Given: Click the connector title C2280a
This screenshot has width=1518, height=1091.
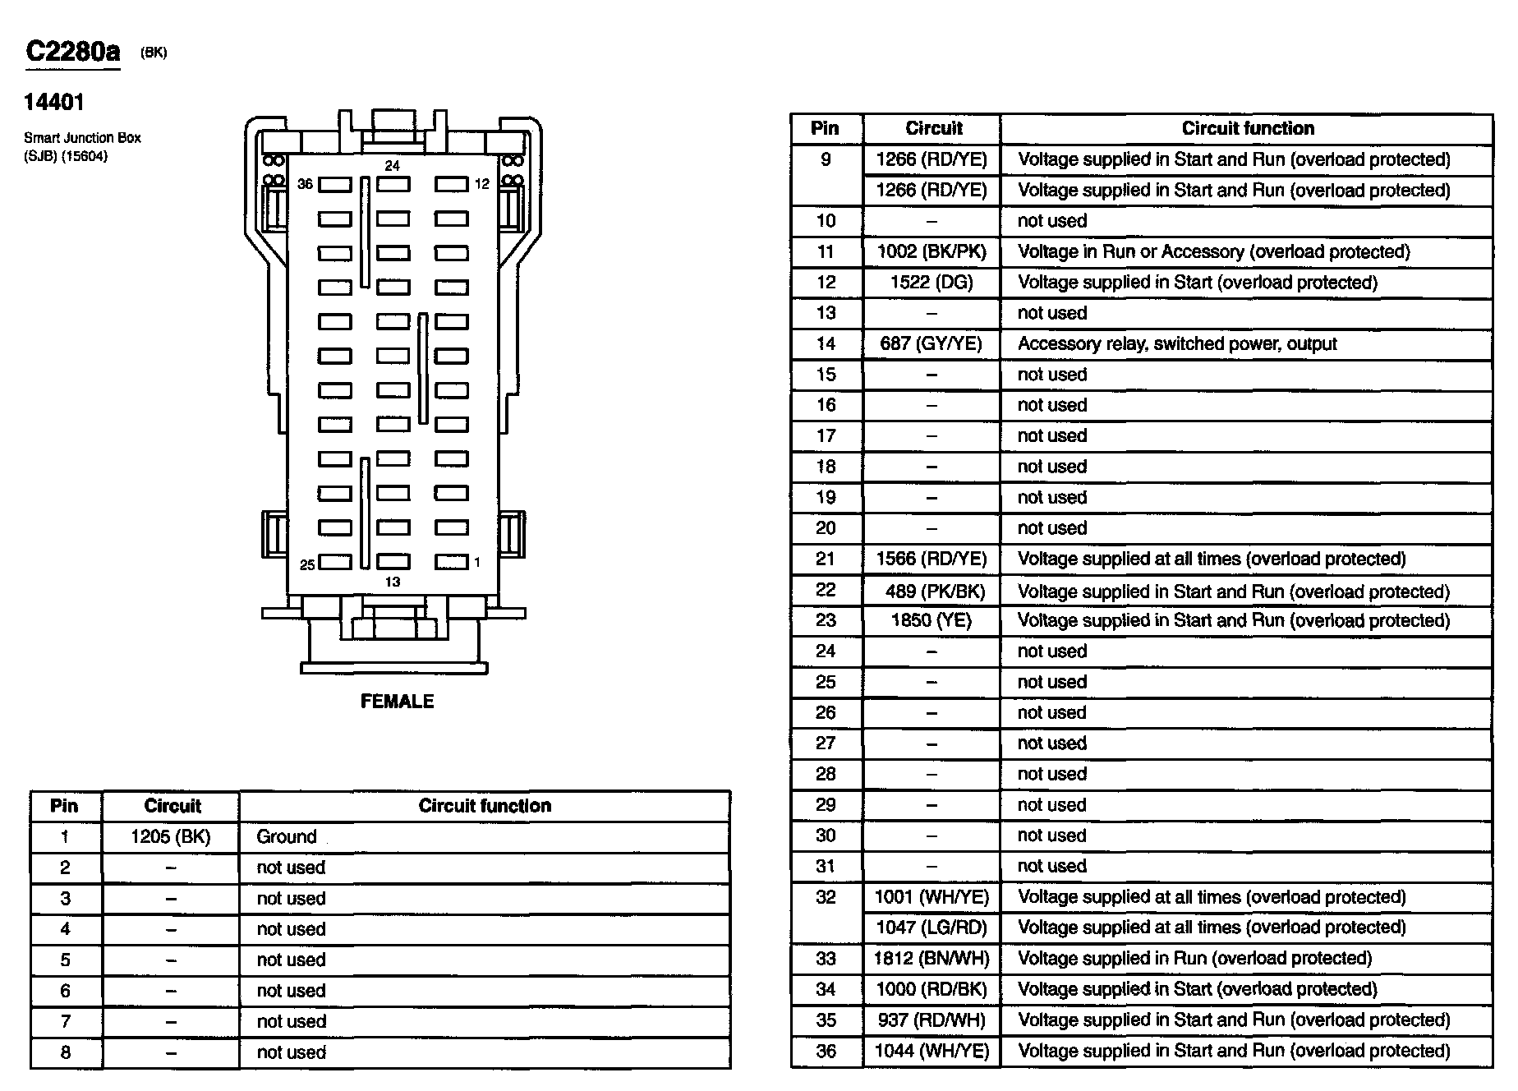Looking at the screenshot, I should pyautogui.click(x=73, y=52).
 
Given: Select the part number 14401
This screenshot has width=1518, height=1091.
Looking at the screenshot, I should pyautogui.click(x=54, y=102).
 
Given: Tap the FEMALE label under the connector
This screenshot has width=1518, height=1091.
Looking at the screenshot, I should pyautogui.click(x=397, y=701).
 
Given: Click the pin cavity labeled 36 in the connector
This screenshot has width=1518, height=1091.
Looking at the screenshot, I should pyautogui.click(x=334, y=185).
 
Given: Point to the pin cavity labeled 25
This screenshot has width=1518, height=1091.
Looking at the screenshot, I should pyautogui.click(x=334, y=563).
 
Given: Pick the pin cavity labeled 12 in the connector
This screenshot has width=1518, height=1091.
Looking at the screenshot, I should pyautogui.click(x=451, y=185).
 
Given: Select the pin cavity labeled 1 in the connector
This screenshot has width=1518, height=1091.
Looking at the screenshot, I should pyautogui.click(x=451, y=563).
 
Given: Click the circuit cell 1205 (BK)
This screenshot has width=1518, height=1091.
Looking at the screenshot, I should pyautogui.click(x=171, y=837).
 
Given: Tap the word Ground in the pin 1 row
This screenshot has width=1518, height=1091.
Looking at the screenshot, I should pyautogui.click(x=287, y=837).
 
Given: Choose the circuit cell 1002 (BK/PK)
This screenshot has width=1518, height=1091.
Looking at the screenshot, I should pyautogui.click(x=931, y=251).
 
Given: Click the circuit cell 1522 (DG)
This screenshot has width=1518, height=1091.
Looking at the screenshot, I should pyautogui.click(x=931, y=283).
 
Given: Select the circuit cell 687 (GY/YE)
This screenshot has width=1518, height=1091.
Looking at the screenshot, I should pyautogui.click(x=931, y=343).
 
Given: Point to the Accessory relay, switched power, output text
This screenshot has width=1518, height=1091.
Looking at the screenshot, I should pyautogui.click(x=1177, y=343).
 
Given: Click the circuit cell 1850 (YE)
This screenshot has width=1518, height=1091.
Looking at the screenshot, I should pyautogui.click(x=931, y=620).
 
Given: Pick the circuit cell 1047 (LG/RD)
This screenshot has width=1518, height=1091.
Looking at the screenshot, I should pyautogui.click(x=931, y=928).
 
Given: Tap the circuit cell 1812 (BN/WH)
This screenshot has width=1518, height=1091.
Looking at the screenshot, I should pyautogui.click(x=931, y=958).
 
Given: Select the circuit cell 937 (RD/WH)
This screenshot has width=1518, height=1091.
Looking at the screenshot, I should pyautogui.click(x=931, y=1020).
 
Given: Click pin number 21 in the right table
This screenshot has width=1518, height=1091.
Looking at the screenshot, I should pyautogui.click(x=826, y=559).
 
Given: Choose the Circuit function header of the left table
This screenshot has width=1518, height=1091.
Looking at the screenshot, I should pyautogui.click(x=485, y=806).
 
